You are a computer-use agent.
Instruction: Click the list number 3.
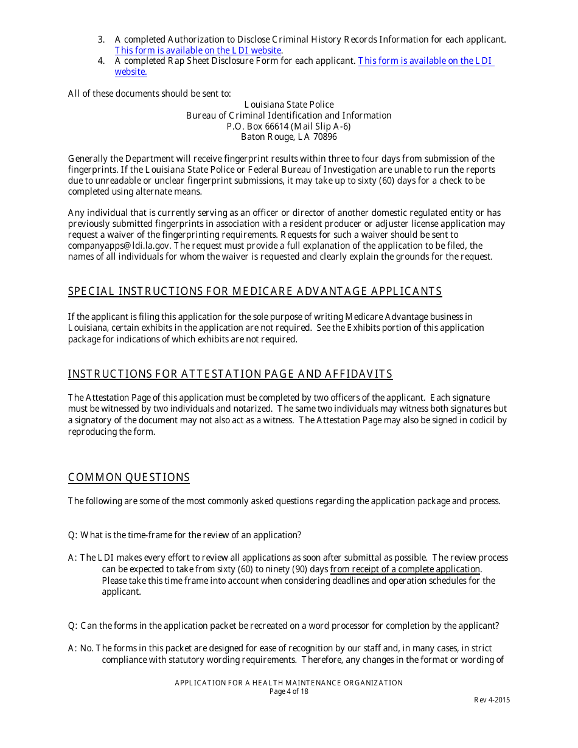tap(101, 40)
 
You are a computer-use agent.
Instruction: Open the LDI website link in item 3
tap(198, 50)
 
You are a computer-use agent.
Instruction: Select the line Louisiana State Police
tap(288, 105)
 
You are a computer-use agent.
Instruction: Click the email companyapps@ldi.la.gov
tap(115, 246)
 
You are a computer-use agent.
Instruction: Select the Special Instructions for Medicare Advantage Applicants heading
tap(255, 291)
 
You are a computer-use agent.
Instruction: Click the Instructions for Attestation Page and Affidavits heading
tap(230, 374)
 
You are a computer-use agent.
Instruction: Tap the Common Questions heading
tap(129, 477)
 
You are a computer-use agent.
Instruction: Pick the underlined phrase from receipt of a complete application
tap(405, 569)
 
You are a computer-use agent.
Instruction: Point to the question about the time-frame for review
tap(184, 535)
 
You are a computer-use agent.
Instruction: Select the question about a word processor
tap(284, 626)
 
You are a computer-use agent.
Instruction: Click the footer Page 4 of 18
tap(288, 691)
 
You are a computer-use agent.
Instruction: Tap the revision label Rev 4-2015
tap(492, 700)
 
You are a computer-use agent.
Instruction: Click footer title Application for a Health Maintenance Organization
tap(288, 683)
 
